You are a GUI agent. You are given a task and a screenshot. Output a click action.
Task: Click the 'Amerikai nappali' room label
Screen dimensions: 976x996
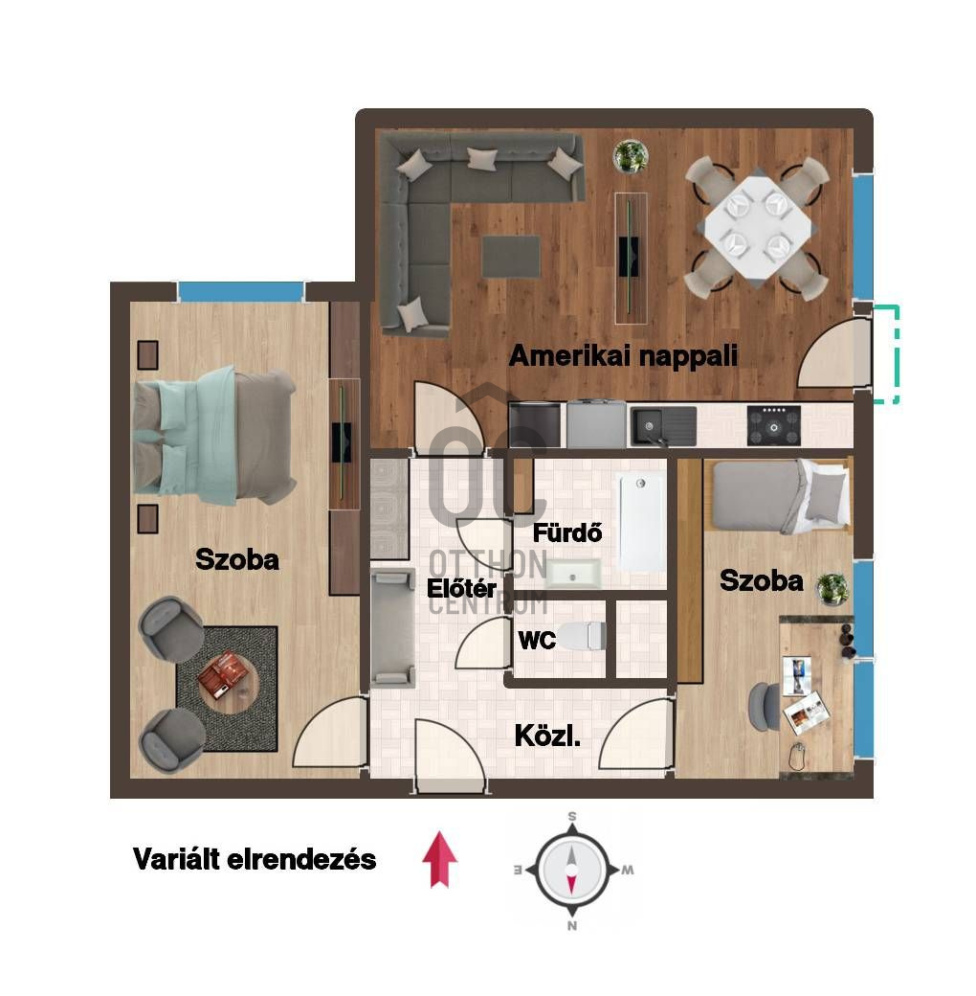pos(623,355)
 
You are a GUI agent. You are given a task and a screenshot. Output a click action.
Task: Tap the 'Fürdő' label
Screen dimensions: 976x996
pos(567,532)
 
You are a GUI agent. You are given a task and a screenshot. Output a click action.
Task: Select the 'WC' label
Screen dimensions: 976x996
pos(537,641)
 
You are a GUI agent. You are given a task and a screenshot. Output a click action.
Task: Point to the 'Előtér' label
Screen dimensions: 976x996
pos(461,588)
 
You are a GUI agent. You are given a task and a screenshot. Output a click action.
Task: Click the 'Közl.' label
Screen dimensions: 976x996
pos(547,736)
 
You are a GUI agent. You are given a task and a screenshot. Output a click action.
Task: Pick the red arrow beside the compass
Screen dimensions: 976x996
pos(440,859)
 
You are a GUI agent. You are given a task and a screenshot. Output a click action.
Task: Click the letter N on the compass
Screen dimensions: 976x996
pos(572,925)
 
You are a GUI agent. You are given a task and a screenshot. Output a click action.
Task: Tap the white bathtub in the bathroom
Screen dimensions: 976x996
pos(641,522)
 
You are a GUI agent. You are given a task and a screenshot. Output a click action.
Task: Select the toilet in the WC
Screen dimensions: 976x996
pos(582,636)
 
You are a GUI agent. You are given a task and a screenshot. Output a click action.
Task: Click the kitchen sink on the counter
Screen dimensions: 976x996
pos(663,425)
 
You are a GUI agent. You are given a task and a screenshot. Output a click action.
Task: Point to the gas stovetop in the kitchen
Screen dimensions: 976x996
pos(773,425)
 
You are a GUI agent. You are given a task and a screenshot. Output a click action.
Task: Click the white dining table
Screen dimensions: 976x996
pos(758,226)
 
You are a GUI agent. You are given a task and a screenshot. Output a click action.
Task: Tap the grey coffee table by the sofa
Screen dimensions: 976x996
pos(511,256)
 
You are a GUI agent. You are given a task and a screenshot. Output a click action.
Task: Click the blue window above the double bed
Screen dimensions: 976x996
pos(241,291)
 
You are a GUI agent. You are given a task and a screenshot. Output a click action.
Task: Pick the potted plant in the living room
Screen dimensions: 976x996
pos(631,155)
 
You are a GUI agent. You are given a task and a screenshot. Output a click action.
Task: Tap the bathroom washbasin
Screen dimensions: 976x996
pos(572,574)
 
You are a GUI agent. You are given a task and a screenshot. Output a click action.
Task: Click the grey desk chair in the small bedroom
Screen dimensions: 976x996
pos(764,707)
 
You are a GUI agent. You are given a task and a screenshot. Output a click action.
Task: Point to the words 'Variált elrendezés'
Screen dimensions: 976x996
pos(255,859)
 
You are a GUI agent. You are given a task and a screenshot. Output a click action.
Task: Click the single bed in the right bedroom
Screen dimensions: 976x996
pos(781,496)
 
